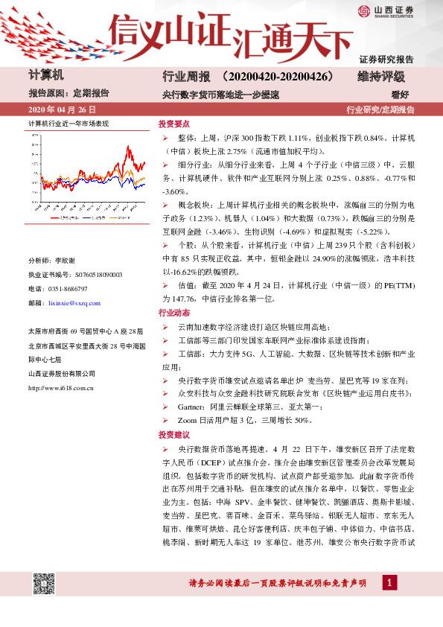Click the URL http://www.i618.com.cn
[x=60, y=387]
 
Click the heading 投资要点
[x=174, y=124]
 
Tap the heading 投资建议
[x=174, y=435]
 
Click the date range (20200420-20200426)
[x=280, y=77]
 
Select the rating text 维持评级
[x=381, y=77]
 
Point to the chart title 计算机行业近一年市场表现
[x=68, y=123]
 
